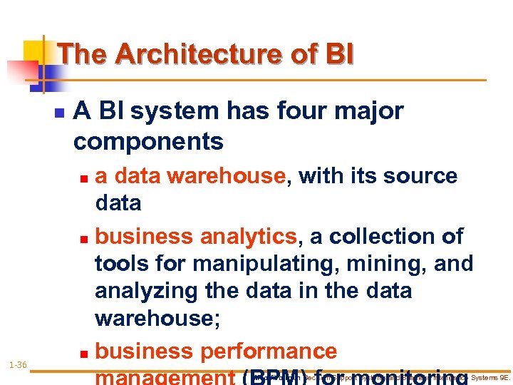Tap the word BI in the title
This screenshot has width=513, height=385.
[x=338, y=54]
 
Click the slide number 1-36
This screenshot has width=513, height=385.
[x=18, y=365]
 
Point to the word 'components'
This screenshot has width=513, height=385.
[x=148, y=142]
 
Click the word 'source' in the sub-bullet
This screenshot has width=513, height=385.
[x=421, y=175]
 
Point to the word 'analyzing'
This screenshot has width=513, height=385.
[x=145, y=292]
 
